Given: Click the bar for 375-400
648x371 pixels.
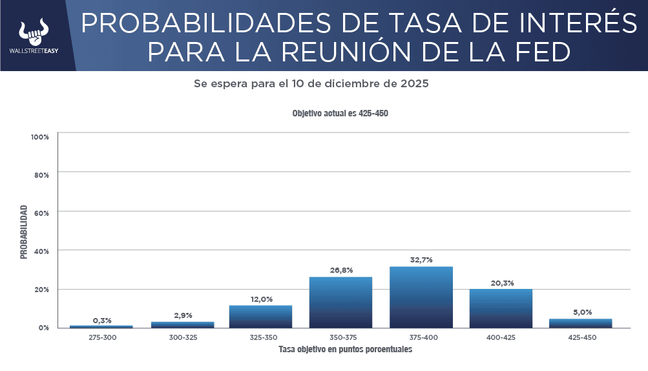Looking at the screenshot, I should [421, 297].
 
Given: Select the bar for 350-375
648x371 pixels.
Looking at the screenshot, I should [341, 302].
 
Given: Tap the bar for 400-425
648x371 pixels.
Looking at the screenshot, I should [501, 308].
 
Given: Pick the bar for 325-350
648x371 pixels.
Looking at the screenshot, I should [261, 316].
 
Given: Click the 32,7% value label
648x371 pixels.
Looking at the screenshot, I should [421, 260].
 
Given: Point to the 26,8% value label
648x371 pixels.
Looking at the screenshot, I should [341, 270].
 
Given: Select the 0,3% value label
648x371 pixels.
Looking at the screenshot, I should [102, 320].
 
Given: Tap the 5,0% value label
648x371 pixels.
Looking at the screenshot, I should [581, 313].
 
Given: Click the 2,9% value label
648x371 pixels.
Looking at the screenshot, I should [183, 315].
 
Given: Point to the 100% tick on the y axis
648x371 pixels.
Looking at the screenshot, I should [39, 137].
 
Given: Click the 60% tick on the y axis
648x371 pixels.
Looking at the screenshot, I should [41, 212].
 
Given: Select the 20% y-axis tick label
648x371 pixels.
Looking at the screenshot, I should [41, 289].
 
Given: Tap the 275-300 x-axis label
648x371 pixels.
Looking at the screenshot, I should [102, 337].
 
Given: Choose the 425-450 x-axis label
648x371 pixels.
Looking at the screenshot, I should [581, 337].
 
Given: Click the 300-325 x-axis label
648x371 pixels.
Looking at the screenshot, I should [183, 337].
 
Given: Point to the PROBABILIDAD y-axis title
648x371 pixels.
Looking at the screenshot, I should [24, 232].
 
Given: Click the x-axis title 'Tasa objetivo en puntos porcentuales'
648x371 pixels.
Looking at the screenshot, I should [345, 350].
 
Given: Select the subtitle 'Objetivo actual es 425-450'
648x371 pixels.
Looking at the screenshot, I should [340, 113].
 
